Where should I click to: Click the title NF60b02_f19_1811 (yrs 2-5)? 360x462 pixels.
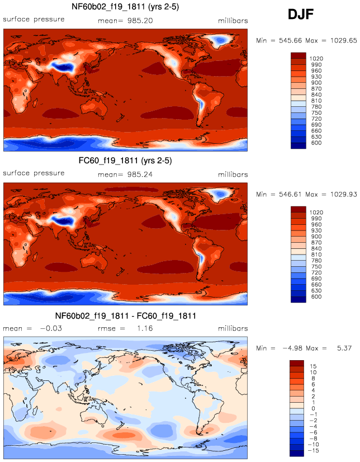tap(125, 7)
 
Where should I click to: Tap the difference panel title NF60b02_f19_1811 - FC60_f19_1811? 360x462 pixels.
tap(125, 316)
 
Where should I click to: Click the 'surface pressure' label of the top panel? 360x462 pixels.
tap(34, 20)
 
